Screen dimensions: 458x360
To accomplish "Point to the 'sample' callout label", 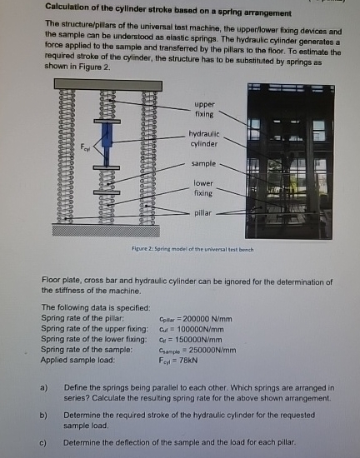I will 204,164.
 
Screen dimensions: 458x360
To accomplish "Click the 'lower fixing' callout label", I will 204,187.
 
